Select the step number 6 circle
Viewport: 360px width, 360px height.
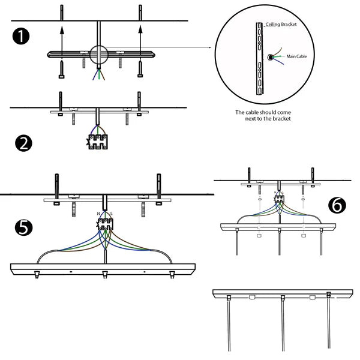pos(337,205)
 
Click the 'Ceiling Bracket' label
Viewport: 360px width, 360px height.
pos(281,25)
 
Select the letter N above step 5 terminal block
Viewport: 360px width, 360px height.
pos(98,214)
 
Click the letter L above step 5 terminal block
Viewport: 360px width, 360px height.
pos(112,214)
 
